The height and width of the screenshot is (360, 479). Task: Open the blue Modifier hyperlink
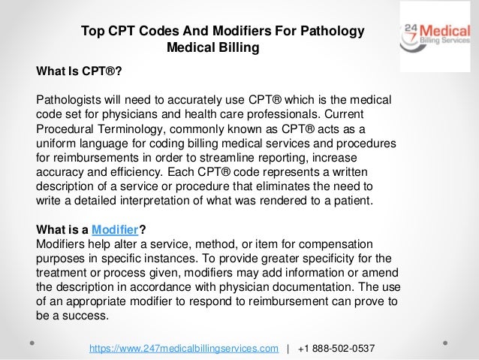tap(116, 230)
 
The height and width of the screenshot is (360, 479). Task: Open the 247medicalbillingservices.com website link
tap(189, 349)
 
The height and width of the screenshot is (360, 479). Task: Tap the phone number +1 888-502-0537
tap(336, 349)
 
